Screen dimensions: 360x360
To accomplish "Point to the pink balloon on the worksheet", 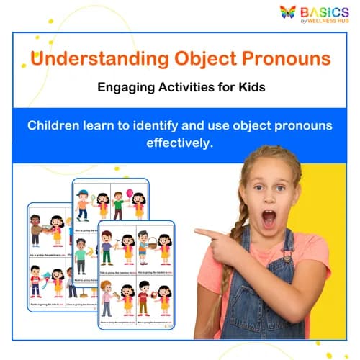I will (130, 194).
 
